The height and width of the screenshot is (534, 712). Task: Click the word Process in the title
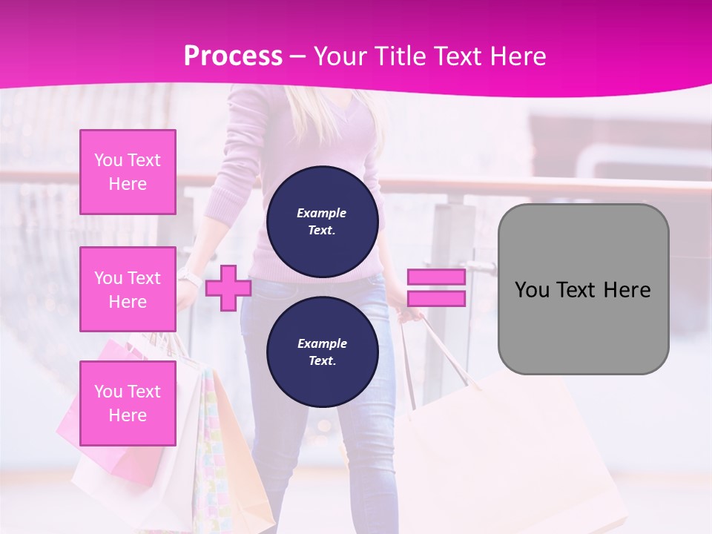click(233, 56)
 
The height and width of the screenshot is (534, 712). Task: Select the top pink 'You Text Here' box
click(128, 172)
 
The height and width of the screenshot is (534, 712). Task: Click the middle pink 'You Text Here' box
click(128, 289)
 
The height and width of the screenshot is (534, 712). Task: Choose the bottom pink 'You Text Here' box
click(128, 403)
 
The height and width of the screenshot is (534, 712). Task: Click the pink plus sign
click(228, 288)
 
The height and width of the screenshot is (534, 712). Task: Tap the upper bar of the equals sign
click(437, 277)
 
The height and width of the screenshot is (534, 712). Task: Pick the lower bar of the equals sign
click(437, 299)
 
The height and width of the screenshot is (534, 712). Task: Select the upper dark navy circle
click(322, 221)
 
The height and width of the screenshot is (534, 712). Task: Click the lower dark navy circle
click(322, 352)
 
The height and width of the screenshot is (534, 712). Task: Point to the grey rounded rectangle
click(583, 289)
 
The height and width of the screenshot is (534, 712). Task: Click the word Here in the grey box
click(627, 289)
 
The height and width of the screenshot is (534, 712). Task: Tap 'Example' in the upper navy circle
click(322, 213)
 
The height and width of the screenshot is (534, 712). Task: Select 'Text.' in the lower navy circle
click(322, 360)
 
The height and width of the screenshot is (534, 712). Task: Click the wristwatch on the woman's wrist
click(190, 279)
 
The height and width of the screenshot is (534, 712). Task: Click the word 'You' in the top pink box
click(108, 160)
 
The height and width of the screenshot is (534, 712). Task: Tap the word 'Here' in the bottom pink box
click(128, 415)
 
